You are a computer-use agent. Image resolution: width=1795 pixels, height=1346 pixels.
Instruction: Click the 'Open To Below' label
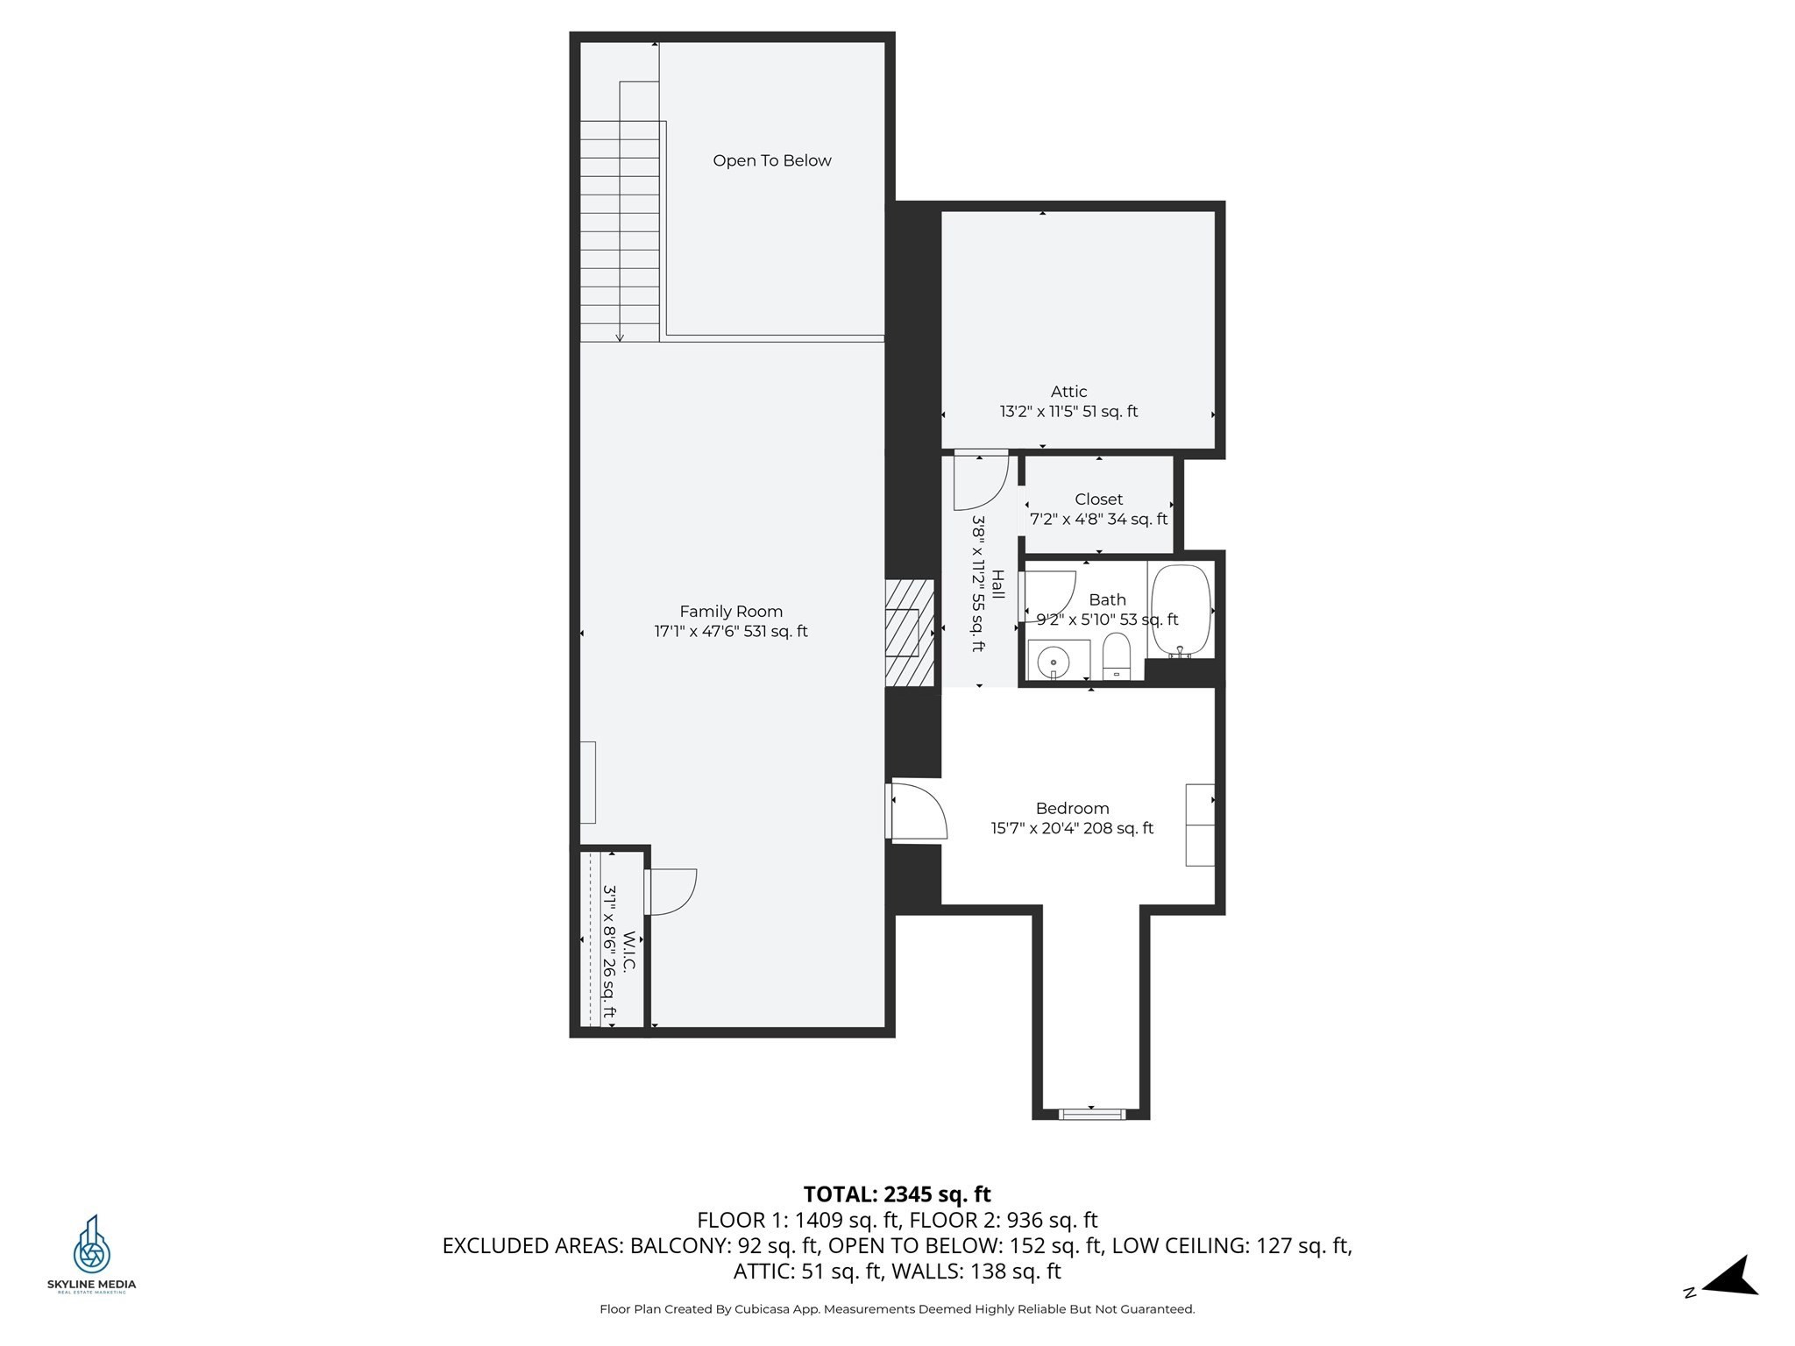tap(771, 160)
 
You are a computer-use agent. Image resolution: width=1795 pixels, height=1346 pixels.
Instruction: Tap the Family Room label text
tap(731, 612)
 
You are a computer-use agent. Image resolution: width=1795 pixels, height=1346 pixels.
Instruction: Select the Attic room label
tap(1068, 392)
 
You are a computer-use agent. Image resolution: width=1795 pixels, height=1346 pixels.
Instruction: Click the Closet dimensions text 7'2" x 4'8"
tap(1098, 519)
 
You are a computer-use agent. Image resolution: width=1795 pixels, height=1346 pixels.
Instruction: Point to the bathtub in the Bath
tap(1181, 611)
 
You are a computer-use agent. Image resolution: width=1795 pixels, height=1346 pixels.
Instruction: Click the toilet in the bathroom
tap(1116, 656)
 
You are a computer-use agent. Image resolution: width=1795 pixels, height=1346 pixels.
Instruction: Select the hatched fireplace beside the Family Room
tap(909, 633)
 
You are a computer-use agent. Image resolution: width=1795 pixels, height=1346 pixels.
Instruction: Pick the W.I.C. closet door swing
tap(672, 892)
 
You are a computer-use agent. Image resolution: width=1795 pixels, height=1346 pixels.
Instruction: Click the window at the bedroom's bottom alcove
tap(1091, 1115)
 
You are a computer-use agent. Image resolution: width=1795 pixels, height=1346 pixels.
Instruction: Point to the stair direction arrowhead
tap(620, 336)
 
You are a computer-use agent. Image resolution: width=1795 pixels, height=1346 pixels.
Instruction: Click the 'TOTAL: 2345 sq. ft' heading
tap(897, 1194)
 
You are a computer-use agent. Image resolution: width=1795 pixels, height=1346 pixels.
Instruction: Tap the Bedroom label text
tap(1072, 808)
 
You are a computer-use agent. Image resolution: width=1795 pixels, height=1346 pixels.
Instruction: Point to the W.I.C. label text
tap(628, 952)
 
